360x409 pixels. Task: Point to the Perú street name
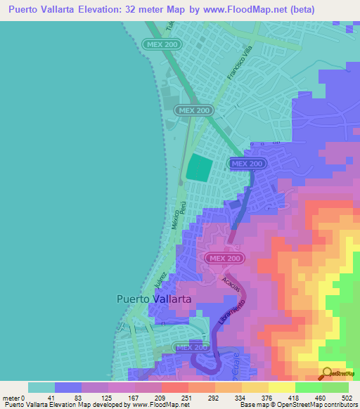click(x=181, y=207)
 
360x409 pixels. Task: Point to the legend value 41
click(x=55, y=398)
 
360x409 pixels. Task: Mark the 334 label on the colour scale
click(x=242, y=398)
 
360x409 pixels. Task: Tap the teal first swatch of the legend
click(x=41, y=387)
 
